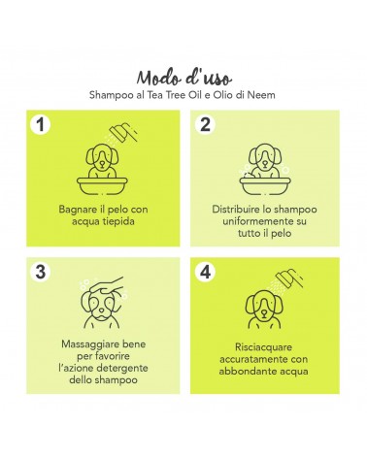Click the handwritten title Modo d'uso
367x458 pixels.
coord(183,78)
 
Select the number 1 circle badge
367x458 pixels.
coord(41,124)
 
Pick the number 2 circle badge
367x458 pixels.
coord(205,124)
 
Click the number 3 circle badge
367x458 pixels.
coord(41,272)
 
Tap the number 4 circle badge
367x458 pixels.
coord(205,272)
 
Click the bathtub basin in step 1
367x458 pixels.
coord(102,186)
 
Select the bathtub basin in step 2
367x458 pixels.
coord(265,186)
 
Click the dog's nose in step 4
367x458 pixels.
coord(264,312)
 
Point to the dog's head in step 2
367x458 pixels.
coord(265,156)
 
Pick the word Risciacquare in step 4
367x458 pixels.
coord(263,347)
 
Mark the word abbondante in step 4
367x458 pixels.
coord(247,372)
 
